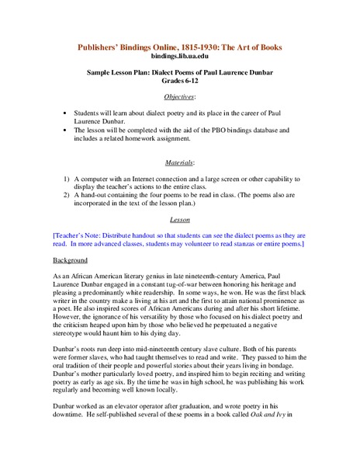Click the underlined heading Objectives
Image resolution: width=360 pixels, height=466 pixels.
(179, 97)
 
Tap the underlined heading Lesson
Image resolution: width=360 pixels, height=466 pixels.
(179, 220)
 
